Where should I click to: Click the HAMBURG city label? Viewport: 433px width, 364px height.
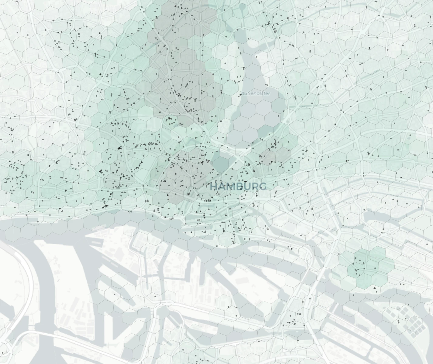click(x=238, y=186)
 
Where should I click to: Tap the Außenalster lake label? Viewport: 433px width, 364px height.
click(x=256, y=93)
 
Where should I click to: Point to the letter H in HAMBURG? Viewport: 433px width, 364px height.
click(x=214, y=186)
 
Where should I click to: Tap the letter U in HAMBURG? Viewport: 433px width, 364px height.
click(x=246, y=186)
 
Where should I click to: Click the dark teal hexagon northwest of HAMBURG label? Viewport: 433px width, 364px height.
click(x=220, y=163)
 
